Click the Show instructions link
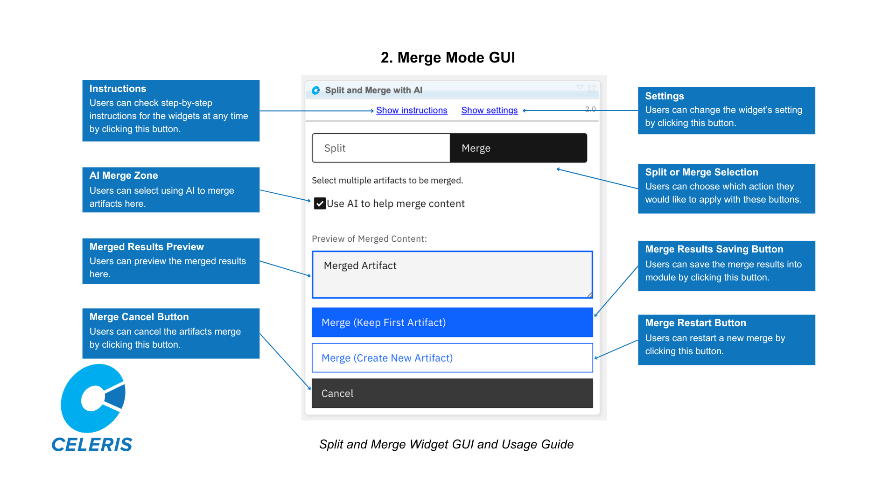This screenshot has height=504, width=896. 412,110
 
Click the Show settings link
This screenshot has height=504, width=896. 489,110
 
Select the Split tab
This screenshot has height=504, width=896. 381,148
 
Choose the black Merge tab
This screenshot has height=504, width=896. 518,148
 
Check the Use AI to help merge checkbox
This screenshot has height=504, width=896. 320,203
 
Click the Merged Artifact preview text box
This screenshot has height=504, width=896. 452,274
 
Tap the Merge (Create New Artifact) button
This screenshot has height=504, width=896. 452,358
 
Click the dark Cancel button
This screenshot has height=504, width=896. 452,393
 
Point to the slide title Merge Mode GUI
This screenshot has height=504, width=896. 448,57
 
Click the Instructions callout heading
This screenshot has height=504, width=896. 118,89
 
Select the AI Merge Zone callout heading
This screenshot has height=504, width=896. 124,175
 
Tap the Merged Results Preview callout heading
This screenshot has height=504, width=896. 147,247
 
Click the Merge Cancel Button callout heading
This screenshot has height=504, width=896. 139,317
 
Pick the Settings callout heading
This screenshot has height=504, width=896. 665,96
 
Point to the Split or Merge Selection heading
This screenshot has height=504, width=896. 701,172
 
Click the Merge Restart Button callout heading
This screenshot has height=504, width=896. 695,323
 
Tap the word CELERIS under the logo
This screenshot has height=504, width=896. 92,445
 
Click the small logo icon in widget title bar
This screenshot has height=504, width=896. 316,90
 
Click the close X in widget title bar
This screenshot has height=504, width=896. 592,88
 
